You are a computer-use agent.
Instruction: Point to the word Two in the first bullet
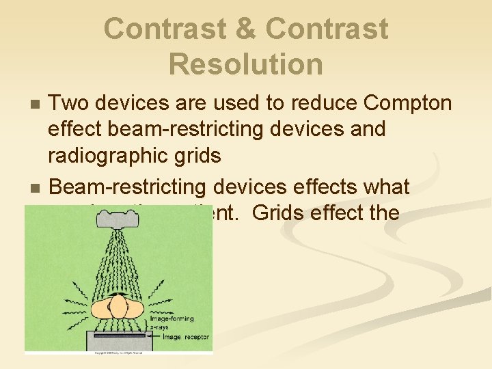70,102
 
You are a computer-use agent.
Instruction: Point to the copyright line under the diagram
118,352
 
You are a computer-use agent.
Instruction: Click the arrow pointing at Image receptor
154,336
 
